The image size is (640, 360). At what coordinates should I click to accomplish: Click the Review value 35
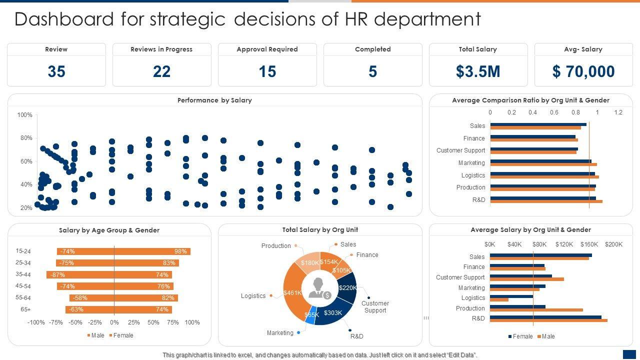pyautogui.click(x=56, y=71)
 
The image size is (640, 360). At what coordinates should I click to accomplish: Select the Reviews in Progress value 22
pyautogui.click(x=162, y=71)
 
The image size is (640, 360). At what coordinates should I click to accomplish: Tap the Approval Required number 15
pyautogui.click(x=267, y=71)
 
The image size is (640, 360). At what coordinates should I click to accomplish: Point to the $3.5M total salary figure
pyautogui.click(x=478, y=71)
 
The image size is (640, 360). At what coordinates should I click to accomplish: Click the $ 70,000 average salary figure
pyautogui.click(x=583, y=71)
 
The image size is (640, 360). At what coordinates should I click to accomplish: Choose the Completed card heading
pyautogui.click(x=373, y=49)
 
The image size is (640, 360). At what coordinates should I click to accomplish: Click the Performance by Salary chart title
pyautogui.click(x=214, y=100)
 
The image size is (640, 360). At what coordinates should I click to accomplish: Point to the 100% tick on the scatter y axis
pyautogui.click(x=24, y=115)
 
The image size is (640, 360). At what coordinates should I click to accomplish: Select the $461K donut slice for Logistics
pyautogui.click(x=292, y=292)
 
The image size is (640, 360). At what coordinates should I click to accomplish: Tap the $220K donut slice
pyautogui.click(x=348, y=287)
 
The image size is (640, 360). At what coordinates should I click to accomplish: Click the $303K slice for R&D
pyautogui.click(x=333, y=313)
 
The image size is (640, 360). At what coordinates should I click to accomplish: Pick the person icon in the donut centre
pyautogui.click(x=317, y=288)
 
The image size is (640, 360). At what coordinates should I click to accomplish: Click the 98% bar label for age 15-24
pyautogui.click(x=180, y=251)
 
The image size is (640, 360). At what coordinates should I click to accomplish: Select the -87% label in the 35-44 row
pyautogui.click(x=58, y=274)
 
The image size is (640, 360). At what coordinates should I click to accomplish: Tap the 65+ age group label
pyautogui.click(x=25, y=309)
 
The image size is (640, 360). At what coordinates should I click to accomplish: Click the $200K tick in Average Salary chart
pyautogui.click(x=613, y=244)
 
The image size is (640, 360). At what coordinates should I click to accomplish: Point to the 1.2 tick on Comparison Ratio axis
pyautogui.click(x=618, y=112)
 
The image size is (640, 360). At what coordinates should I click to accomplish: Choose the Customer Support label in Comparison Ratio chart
pyautogui.click(x=460, y=150)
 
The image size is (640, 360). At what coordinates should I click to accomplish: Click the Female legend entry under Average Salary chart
pyautogui.click(x=519, y=336)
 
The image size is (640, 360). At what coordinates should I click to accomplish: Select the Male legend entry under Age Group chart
pyautogui.click(x=95, y=335)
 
